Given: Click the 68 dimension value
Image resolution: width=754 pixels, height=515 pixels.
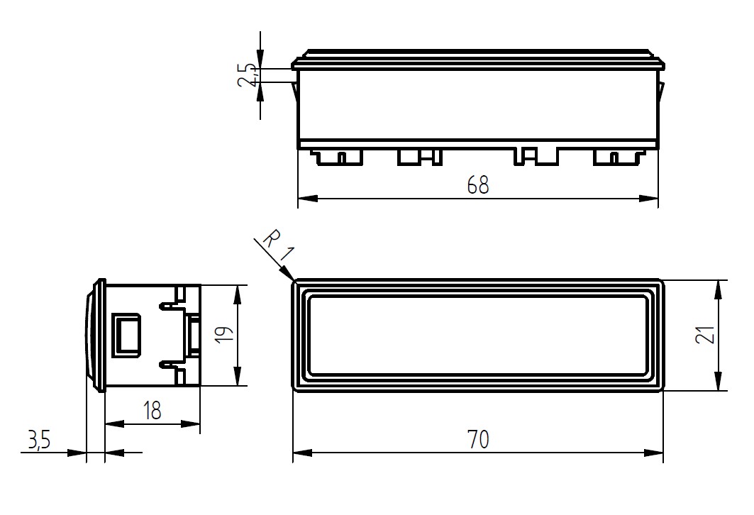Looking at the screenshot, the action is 478,185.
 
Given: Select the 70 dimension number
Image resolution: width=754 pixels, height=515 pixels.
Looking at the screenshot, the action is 478,440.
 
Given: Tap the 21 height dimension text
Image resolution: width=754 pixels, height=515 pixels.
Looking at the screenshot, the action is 706,332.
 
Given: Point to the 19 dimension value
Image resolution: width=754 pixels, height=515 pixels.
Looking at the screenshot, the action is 225,334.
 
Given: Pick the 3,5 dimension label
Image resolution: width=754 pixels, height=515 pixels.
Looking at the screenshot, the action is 39,440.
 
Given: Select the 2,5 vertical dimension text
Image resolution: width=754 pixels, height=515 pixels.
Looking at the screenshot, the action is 248,75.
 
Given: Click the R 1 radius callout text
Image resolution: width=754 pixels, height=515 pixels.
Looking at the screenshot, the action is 279,245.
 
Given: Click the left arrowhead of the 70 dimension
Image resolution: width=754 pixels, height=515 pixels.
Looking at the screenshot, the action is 302,453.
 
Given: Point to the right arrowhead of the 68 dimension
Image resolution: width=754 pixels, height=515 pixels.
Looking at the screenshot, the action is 649,198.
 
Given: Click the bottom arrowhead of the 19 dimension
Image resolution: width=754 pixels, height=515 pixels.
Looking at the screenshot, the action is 237,376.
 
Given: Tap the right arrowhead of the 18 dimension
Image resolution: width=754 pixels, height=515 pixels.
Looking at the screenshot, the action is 191,423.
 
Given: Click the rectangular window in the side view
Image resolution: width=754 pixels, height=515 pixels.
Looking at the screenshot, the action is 126,336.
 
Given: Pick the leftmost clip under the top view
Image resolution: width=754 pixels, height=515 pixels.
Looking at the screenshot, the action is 337,157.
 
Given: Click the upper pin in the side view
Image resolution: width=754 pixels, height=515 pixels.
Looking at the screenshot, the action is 171,305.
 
